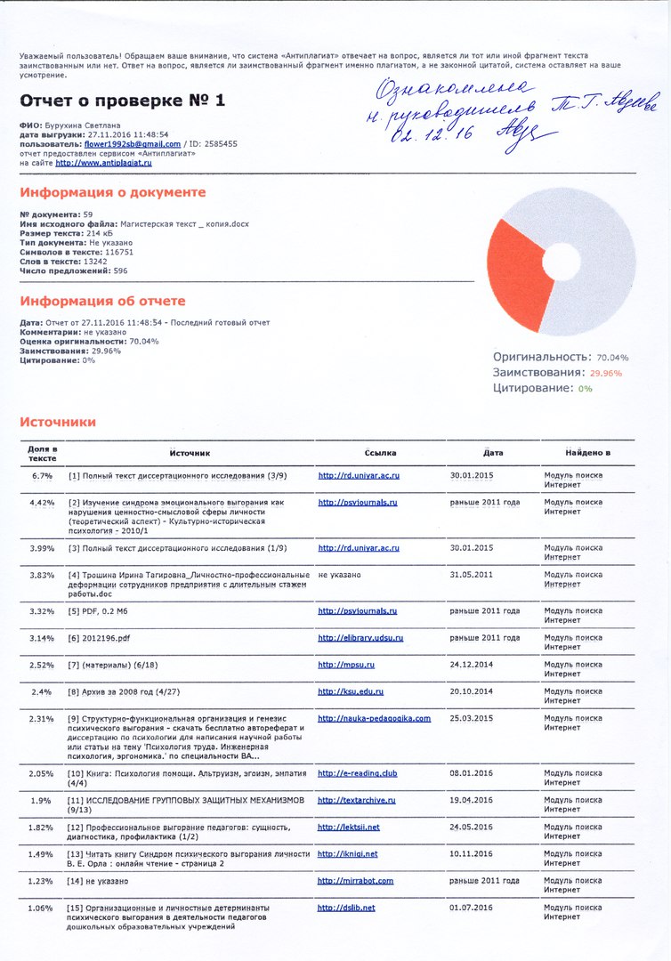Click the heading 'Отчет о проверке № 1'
point(123,99)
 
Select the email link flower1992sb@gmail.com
point(133,143)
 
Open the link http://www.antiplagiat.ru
point(103,163)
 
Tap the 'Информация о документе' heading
point(112,192)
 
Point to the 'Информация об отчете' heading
point(102,301)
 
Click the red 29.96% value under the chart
point(606,373)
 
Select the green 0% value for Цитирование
point(585,389)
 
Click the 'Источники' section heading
point(58,422)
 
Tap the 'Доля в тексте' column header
point(42,453)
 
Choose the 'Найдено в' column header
point(586,453)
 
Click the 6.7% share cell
point(42,476)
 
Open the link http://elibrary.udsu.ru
point(360,638)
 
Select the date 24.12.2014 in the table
point(471,665)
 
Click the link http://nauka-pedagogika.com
point(374,718)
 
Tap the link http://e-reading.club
point(357,773)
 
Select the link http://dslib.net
point(346,908)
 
